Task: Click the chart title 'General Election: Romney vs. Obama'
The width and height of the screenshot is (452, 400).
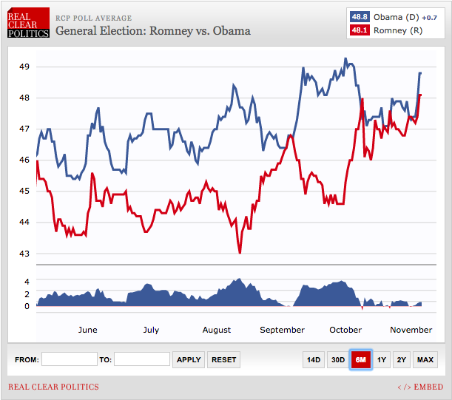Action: click(152, 31)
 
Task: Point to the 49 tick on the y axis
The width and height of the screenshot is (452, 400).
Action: click(24, 67)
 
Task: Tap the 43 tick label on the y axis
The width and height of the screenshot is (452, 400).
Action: click(24, 254)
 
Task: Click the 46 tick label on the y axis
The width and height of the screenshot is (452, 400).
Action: click(24, 160)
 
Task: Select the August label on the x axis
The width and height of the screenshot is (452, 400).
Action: click(216, 330)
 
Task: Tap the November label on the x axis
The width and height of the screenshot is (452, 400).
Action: click(411, 330)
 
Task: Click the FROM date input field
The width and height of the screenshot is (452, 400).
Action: click(69, 359)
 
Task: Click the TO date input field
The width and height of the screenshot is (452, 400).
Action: click(142, 359)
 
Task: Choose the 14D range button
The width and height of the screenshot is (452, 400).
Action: click(314, 359)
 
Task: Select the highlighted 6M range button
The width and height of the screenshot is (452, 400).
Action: click(361, 359)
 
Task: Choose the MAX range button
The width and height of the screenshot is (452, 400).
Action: click(425, 359)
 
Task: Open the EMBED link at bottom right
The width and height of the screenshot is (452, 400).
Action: click(420, 387)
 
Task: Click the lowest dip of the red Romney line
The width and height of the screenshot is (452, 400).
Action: click(240, 253)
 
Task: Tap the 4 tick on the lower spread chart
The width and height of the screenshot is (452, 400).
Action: click(27, 282)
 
